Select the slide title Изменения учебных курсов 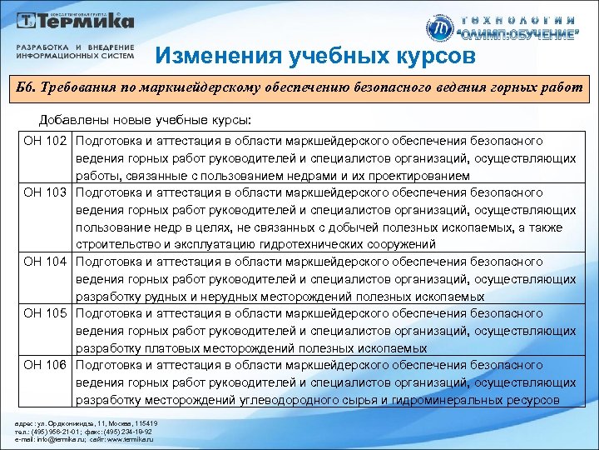(315, 56)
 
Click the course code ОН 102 (45, 141)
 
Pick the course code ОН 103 (45, 192)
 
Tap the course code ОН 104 (45, 262)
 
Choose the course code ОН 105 (45, 313)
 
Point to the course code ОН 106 (45, 365)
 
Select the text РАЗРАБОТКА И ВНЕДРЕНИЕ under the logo (75, 47)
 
